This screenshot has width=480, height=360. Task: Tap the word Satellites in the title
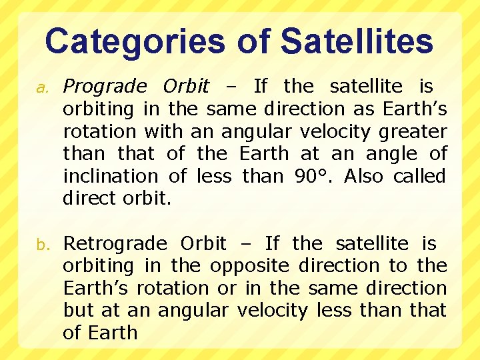point(357,41)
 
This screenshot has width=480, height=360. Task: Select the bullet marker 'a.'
point(39,87)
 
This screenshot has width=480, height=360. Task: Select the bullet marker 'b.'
point(39,244)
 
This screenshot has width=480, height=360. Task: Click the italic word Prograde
point(104,87)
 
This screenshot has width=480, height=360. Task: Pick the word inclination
point(110,176)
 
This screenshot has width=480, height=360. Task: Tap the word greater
point(412,131)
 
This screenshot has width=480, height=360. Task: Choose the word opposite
point(249,265)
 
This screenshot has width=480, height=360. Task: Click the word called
point(419,176)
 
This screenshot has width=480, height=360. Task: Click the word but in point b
point(75,310)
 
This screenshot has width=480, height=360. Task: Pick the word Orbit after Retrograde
point(203,243)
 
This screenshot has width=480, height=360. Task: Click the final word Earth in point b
point(109,333)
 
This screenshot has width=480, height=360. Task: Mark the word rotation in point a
point(99,131)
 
